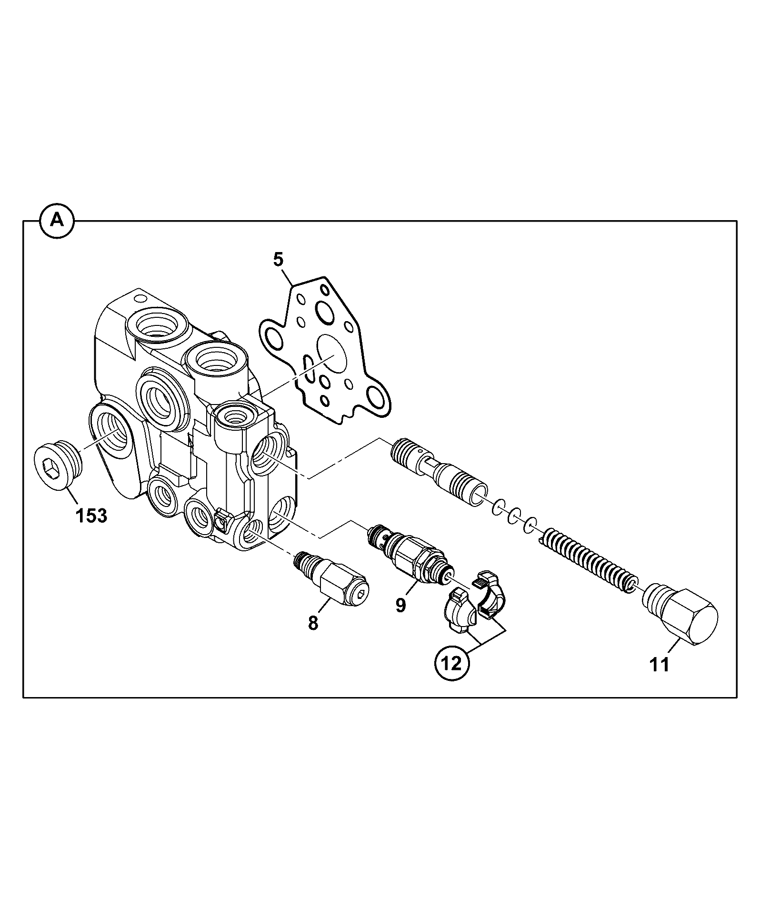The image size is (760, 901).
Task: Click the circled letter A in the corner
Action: (x=57, y=221)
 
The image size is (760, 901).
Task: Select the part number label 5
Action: (x=278, y=260)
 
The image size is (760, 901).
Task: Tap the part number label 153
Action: (x=92, y=515)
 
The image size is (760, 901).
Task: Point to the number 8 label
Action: (x=313, y=623)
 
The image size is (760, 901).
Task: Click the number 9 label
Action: (x=400, y=605)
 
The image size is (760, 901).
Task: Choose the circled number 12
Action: (x=452, y=663)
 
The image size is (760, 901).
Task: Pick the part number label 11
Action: (x=660, y=664)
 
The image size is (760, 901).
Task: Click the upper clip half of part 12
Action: (x=490, y=595)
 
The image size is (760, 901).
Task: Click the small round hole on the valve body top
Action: (x=140, y=298)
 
